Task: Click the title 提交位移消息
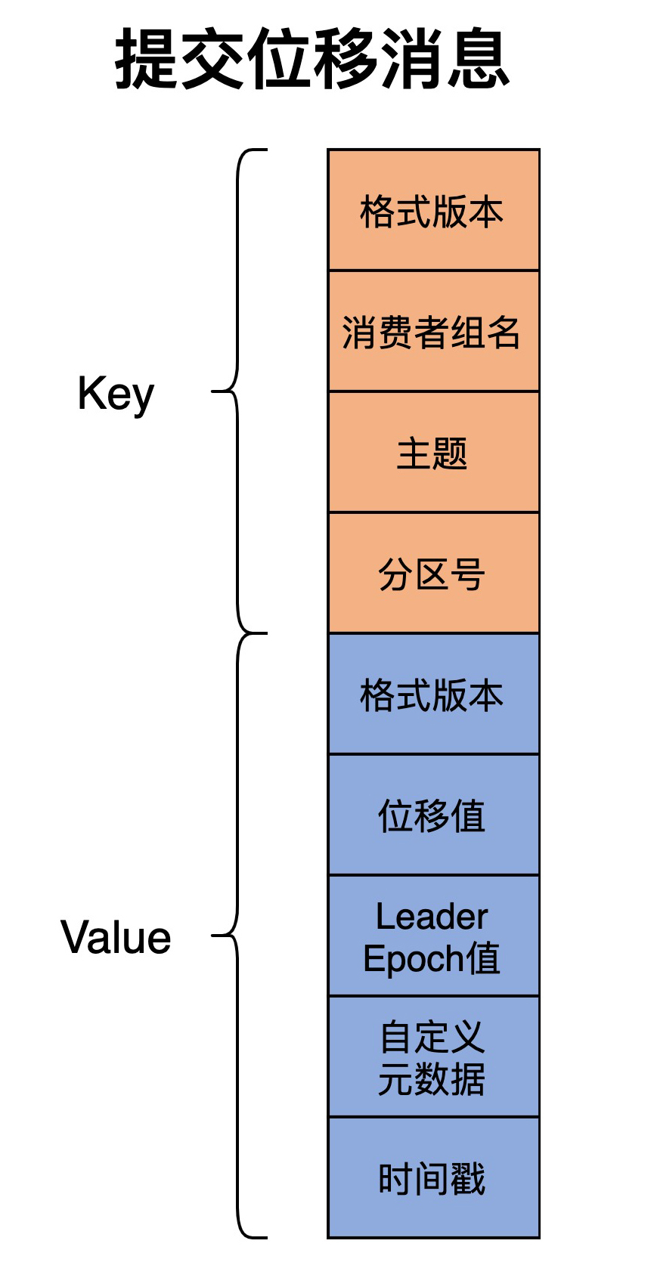click(312, 60)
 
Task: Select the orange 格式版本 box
click(433, 211)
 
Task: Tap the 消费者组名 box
click(433, 332)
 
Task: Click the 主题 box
click(433, 453)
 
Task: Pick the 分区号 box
click(433, 574)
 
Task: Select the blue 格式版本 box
click(433, 695)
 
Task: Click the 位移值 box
click(433, 815)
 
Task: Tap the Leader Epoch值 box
click(433, 936)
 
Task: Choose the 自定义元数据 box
click(433, 1057)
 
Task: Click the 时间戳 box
click(433, 1178)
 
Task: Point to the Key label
click(116, 394)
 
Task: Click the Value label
click(116, 938)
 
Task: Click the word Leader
click(432, 917)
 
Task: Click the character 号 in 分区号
click(468, 574)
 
